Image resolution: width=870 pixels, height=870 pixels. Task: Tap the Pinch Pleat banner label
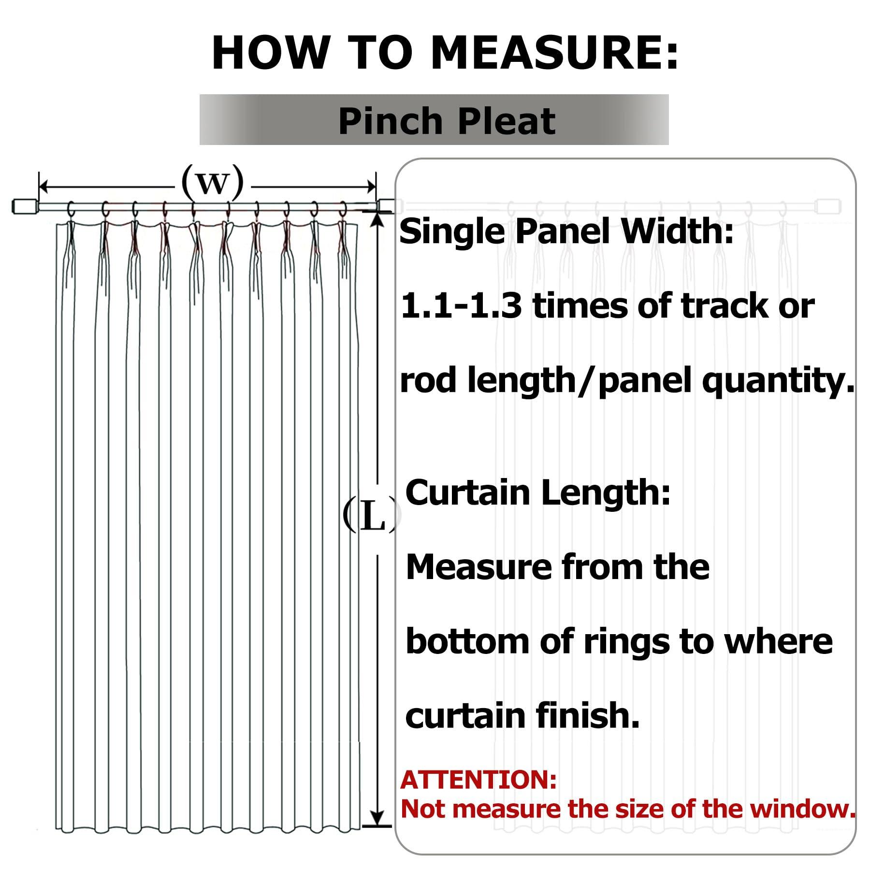coord(447,120)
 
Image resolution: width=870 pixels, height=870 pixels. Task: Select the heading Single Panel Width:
coord(566,232)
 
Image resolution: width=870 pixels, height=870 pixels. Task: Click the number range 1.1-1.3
coord(462,306)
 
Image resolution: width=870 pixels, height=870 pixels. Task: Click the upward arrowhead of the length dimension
coord(378,218)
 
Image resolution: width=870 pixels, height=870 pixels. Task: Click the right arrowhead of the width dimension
coord(370,186)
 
